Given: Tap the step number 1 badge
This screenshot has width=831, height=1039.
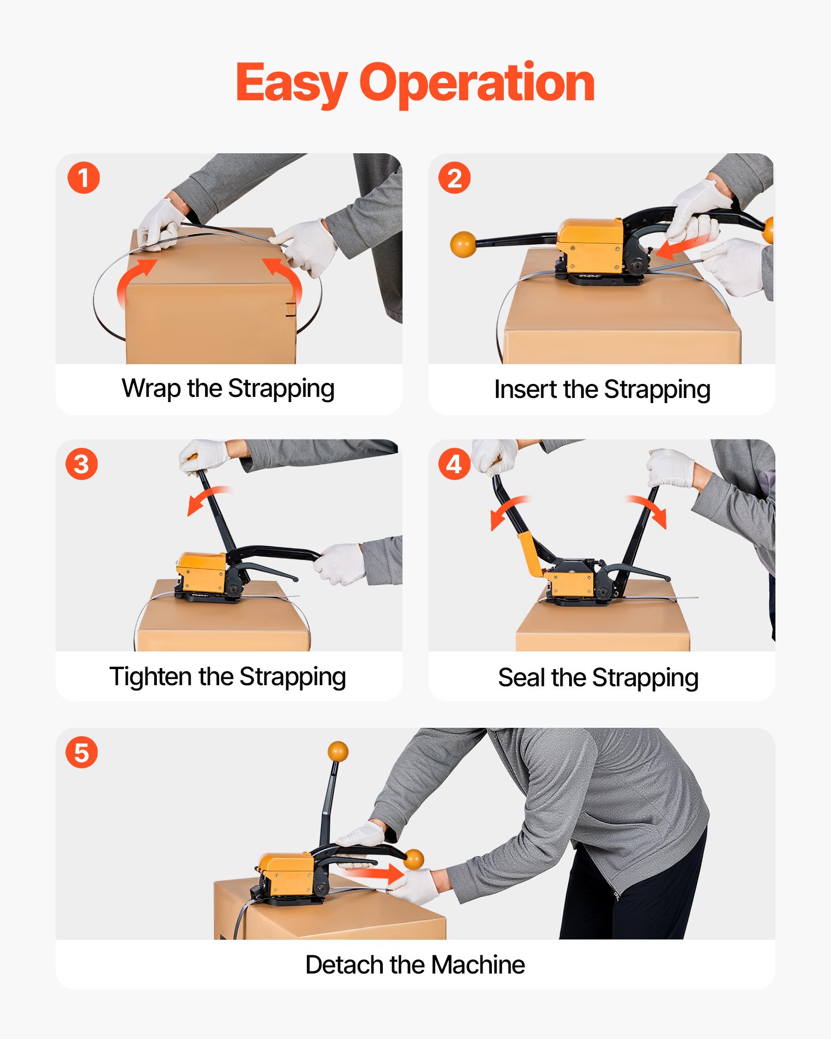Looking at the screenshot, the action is tap(84, 178).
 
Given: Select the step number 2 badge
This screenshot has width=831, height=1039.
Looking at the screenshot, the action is tap(454, 178).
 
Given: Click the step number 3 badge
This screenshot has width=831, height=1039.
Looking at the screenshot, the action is tap(82, 464).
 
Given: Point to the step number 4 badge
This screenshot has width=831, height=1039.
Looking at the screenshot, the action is tap(454, 464).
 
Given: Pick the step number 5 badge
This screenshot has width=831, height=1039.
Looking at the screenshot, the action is tap(82, 752).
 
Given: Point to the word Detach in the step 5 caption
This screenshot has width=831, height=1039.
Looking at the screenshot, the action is tap(344, 965).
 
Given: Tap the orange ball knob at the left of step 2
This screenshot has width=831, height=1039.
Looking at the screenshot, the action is tap(463, 244).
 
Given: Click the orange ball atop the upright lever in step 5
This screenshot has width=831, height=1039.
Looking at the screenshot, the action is tap(338, 752).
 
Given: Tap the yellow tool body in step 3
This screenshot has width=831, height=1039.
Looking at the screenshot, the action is tap(202, 572).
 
